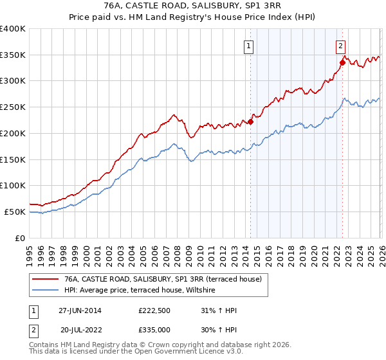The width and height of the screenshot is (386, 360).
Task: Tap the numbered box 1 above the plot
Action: coord(248,46)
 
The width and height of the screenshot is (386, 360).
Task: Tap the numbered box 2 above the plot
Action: coord(340,46)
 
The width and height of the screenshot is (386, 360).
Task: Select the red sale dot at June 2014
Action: coord(251,122)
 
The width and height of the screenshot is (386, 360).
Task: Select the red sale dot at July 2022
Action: coord(342,62)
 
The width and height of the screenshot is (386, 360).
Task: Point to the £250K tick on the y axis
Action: coord(14,107)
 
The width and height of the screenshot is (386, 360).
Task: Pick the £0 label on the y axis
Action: coord(21,238)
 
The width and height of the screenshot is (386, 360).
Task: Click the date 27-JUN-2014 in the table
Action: coord(80,310)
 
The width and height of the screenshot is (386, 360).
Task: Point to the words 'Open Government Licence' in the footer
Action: coord(184,353)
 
